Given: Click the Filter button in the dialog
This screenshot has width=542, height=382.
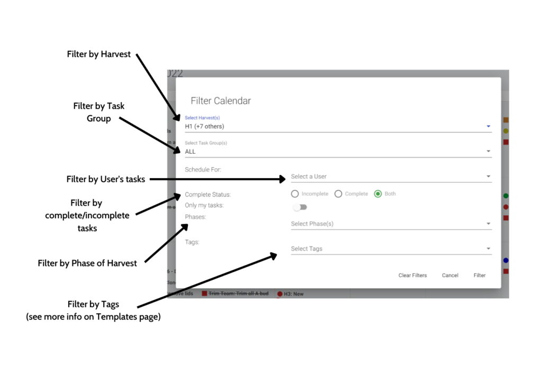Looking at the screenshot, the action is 480,275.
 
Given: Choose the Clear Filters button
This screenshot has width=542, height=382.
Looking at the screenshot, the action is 412,275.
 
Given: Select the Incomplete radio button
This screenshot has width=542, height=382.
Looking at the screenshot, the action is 295,194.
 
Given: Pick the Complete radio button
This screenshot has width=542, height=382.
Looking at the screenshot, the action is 339,194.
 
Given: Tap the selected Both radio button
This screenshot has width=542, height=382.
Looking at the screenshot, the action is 378,194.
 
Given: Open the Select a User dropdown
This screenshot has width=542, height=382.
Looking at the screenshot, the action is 391,176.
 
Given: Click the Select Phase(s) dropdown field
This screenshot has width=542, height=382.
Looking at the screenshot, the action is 391,224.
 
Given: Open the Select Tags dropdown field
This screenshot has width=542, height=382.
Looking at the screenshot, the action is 391,248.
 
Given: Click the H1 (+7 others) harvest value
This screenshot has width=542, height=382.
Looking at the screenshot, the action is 204,126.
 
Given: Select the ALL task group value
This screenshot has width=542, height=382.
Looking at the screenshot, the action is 190,152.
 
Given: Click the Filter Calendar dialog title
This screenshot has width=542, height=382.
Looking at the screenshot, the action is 221,101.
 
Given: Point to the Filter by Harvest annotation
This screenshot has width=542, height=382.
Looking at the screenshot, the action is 99,54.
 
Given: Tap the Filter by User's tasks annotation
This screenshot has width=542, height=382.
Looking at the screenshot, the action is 106,179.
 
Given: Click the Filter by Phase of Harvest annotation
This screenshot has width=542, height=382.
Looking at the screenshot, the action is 87,263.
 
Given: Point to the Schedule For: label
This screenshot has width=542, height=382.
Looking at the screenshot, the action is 203,170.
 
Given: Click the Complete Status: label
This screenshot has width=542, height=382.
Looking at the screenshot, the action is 207,194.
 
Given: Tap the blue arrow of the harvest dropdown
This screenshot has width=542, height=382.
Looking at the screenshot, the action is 488,126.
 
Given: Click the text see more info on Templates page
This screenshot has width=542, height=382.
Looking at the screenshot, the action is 93,317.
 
